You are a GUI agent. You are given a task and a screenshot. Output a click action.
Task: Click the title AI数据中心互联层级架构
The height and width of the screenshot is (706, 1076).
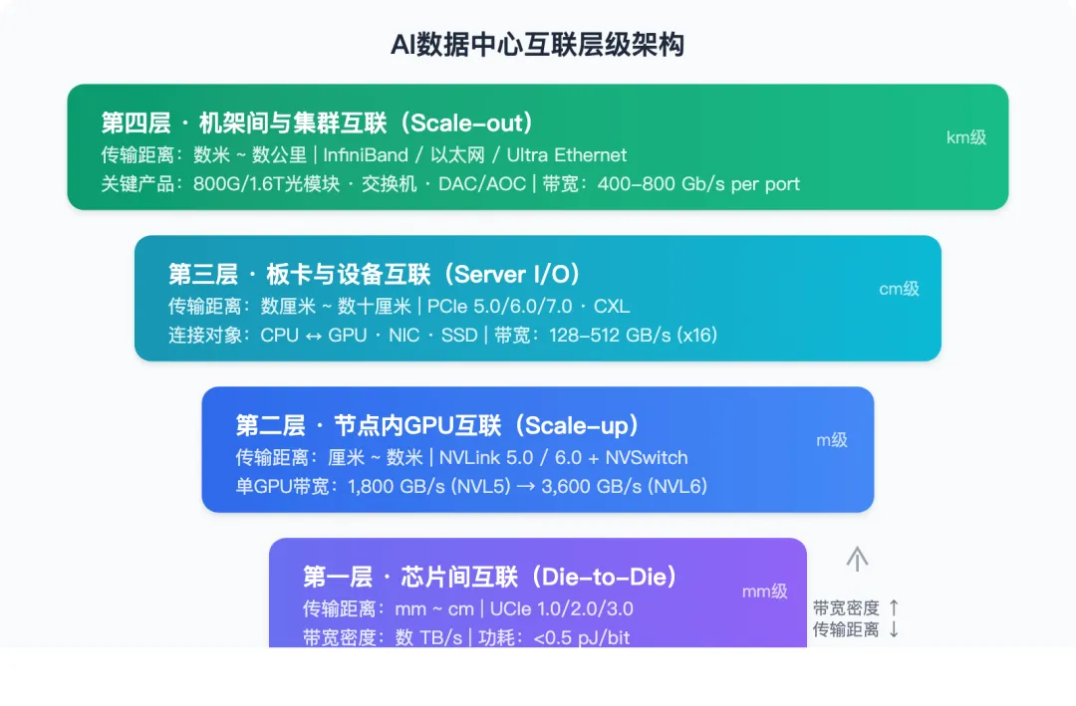click(538, 45)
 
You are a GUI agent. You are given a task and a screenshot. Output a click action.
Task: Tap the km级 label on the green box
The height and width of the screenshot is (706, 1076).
click(965, 137)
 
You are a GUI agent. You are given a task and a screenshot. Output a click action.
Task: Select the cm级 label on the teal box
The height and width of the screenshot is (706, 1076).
click(899, 289)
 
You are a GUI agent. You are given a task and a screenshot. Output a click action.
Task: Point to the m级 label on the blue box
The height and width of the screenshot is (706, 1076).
click(832, 439)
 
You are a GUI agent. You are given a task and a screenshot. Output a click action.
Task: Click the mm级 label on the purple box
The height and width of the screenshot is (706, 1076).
click(764, 590)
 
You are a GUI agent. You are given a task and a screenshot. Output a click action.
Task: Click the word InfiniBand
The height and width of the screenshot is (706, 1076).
click(366, 154)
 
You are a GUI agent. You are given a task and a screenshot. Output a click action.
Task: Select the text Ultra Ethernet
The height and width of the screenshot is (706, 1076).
click(567, 154)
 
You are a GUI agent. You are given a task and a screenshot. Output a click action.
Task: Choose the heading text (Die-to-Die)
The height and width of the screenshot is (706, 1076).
click(606, 578)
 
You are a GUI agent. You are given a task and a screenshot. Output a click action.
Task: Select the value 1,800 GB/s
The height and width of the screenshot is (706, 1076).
click(396, 487)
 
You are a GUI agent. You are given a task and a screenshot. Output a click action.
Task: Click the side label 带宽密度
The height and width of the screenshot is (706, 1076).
click(846, 607)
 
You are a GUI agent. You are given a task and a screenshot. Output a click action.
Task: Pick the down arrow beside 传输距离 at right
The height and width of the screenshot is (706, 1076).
click(894, 629)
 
